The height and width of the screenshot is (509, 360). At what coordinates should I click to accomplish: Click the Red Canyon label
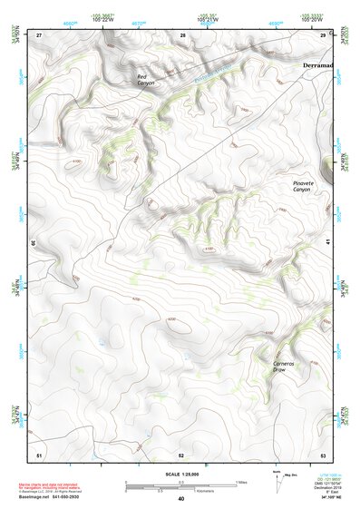(x=146, y=80)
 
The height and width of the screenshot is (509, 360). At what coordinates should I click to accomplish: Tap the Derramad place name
(x=317, y=66)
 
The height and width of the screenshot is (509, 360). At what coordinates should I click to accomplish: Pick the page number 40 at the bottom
(x=180, y=499)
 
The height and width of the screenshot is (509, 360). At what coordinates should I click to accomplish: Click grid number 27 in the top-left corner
(x=39, y=34)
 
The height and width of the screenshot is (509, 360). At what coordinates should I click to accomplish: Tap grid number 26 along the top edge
(x=182, y=34)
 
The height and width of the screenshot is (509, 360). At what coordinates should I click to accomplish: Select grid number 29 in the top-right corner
(x=323, y=34)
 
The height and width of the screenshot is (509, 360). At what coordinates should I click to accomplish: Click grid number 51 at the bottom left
(x=39, y=454)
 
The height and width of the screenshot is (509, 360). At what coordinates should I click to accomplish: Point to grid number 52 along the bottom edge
(x=181, y=454)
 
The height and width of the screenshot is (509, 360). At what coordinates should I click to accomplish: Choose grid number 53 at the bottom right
(x=323, y=454)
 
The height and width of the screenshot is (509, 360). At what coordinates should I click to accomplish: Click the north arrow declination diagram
(x=277, y=480)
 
